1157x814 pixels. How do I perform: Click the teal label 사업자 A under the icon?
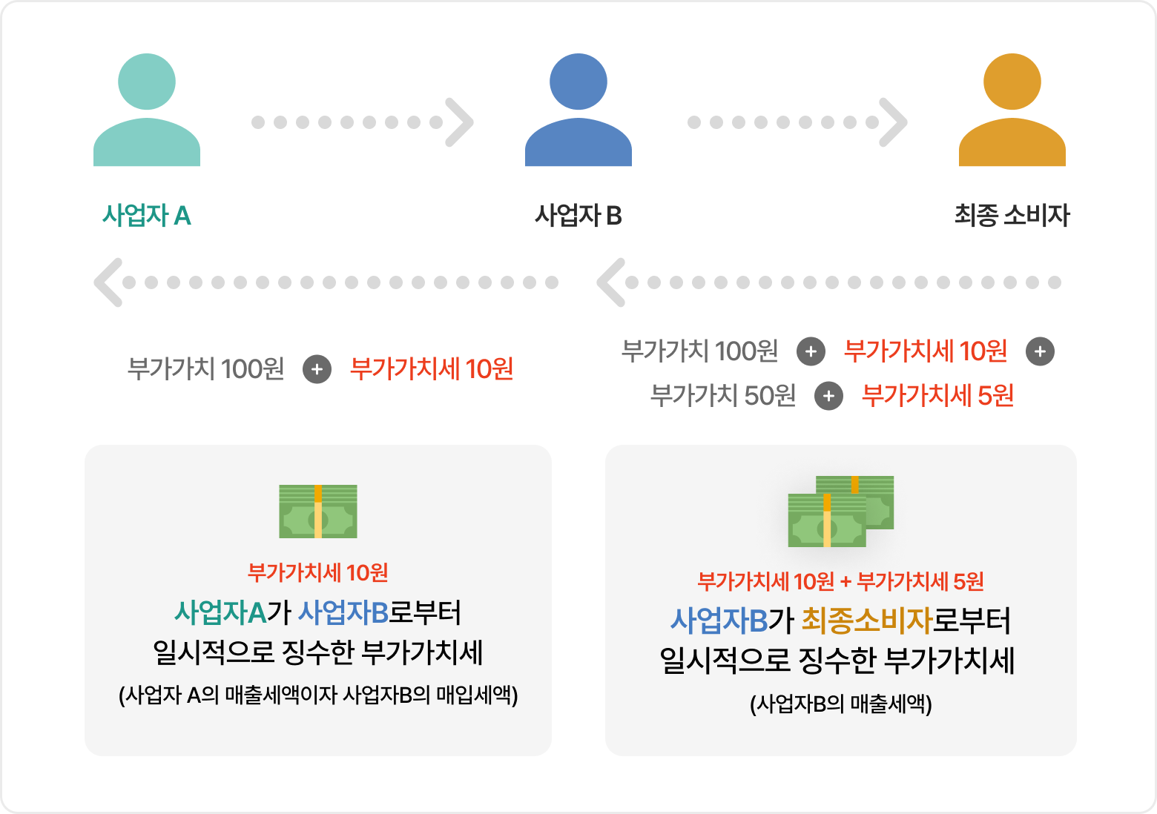pyautogui.click(x=147, y=216)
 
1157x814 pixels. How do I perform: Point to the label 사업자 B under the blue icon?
pyautogui.click(x=578, y=216)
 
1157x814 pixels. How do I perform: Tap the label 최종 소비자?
pyautogui.click(x=1012, y=216)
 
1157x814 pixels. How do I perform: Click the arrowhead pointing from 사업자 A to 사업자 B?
pyautogui.click(x=460, y=122)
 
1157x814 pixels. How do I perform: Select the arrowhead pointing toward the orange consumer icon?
pyautogui.click(x=894, y=122)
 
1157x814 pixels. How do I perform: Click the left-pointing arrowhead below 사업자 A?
pyautogui.click(x=108, y=282)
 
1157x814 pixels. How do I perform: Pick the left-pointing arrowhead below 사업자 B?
pyautogui.click(x=611, y=282)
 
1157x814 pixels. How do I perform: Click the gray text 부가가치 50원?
pyautogui.click(x=722, y=396)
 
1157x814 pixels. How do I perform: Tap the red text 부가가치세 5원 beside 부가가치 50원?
pyautogui.click(x=937, y=396)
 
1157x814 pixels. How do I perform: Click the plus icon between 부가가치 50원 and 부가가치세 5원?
pyautogui.click(x=828, y=397)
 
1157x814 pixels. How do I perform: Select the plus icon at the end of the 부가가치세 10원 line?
pyautogui.click(x=1040, y=351)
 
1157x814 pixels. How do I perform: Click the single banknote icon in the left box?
pyautogui.click(x=318, y=512)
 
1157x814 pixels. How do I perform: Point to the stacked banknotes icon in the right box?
pyautogui.click(x=840, y=512)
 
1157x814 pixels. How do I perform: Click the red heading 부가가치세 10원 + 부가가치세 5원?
pyautogui.click(x=840, y=582)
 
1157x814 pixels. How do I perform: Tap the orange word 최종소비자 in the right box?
pyautogui.click(x=866, y=621)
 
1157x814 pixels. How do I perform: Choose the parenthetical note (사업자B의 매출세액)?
pyautogui.click(x=840, y=704)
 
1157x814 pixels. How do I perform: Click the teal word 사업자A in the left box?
pyautogui.click(x=220, y=613)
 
